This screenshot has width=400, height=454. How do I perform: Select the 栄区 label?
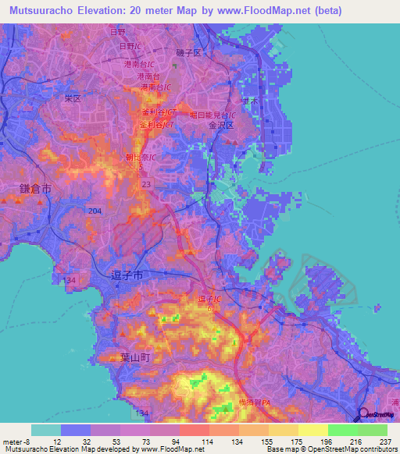pos(73,100)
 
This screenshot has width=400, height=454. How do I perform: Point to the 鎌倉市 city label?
pos(35,190)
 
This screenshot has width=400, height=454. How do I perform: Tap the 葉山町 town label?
pos(145,356)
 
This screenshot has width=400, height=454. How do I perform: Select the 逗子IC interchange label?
pos(212,299)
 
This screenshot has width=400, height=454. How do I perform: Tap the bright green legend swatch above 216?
pos(343,430)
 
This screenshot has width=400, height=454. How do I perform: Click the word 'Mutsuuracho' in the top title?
pos(41,10)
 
